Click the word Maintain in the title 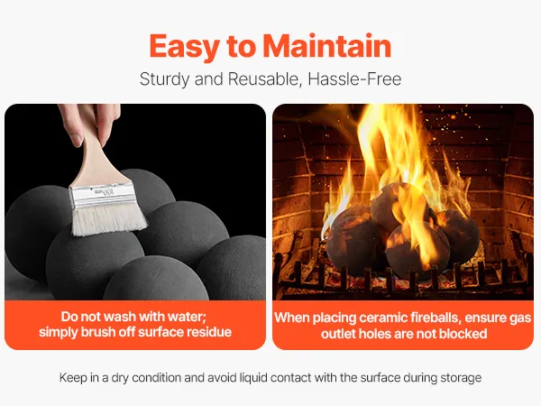[x=327, y=46]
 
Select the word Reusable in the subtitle [x=263, y=79]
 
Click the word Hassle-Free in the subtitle [x=354, y=79]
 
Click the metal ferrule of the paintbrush [x=102, y=194]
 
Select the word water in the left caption [x=187, y=317]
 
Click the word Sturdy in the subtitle [x=165, y=79]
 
